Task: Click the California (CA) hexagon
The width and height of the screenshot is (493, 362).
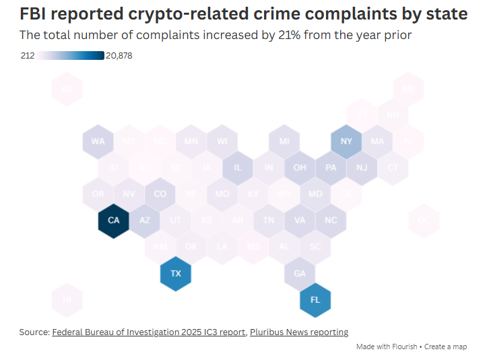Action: pos(113,221)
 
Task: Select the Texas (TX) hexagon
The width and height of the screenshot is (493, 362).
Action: pos(176,274)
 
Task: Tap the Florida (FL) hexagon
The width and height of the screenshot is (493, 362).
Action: pos(315,300)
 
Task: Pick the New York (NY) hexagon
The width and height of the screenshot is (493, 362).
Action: pos(346,141)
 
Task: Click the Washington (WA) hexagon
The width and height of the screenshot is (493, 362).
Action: pos(98,141)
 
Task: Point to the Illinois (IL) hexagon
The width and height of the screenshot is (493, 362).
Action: pos(238,168)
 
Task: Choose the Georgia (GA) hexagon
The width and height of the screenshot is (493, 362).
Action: pos(300,274)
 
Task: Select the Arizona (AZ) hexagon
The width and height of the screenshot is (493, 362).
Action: pos(145,221)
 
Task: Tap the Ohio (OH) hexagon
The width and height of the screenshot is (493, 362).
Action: pos(300,168)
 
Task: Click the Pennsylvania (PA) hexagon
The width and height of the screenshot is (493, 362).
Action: pos(331,168)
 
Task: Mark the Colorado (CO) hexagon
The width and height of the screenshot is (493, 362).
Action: pos(160,194)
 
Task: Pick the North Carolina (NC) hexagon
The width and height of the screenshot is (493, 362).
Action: pos(331,221)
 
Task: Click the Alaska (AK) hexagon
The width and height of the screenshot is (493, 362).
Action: pos(67,89)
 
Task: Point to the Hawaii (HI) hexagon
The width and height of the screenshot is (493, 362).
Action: pos(67,300)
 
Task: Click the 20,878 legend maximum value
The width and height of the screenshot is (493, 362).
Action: pos(119,56)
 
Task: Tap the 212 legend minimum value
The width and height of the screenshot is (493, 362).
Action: pos(28,56)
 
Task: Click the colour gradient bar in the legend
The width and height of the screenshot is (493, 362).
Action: pos(71,56)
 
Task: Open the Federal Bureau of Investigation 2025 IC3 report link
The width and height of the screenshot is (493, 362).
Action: pos(149,332)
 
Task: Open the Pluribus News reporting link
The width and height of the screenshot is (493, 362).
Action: pos(299,332)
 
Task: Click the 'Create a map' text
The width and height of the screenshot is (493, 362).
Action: pos(445,347)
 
